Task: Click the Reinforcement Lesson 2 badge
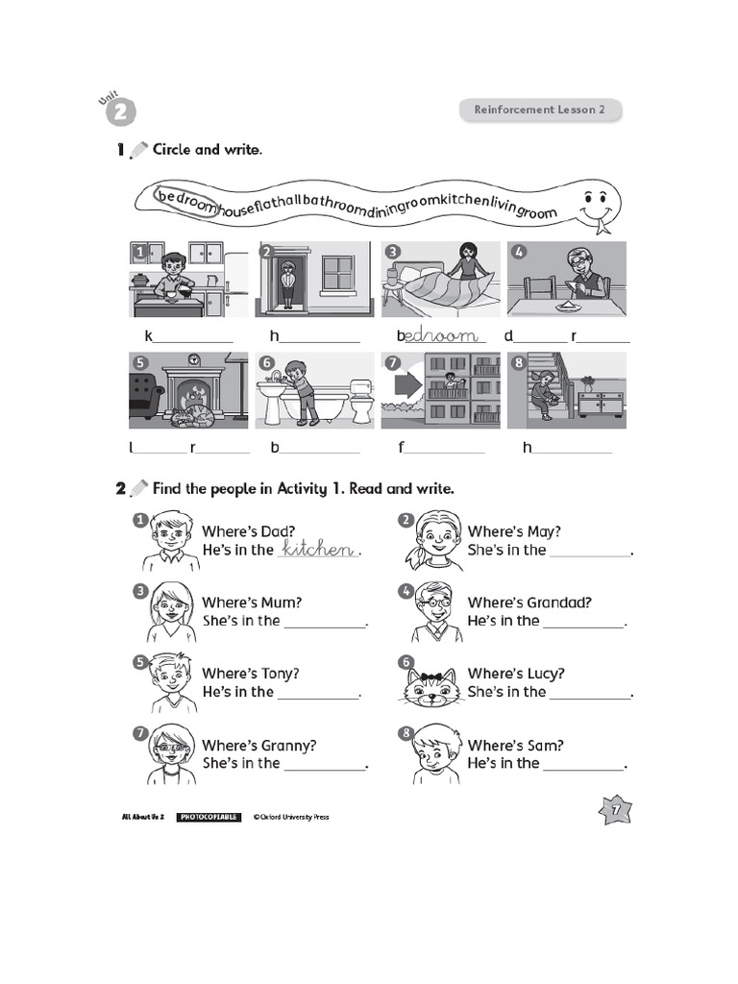pyautogui.click(x=539, y=110)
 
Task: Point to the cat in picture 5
pyautogui.click(x=193, y=415)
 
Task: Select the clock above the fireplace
pyautogui.click(x=193, y=359)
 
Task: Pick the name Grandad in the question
pyautogui.click(x=559, y=603)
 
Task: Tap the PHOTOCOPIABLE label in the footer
pyautogui.click(x=209, y=817)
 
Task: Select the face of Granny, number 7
pyautogui.click(x=170, y=750)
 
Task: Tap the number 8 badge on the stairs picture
pyautogui.click(x=519, y=363)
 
